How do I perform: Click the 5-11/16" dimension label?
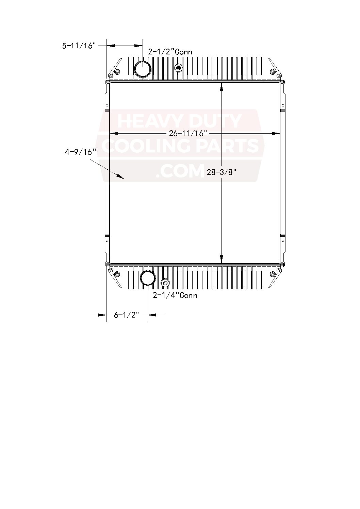(x=79, y=46)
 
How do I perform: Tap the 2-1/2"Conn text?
(x=170, y=52)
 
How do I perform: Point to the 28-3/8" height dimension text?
(x=220, y=172)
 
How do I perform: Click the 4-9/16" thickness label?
(x=80, y=152)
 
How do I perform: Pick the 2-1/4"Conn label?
(x=175, y=295)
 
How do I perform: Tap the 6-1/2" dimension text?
(x=127, y=315)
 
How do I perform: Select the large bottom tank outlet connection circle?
(x=148, y=278)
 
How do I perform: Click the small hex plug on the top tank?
(x=179, y=67)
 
